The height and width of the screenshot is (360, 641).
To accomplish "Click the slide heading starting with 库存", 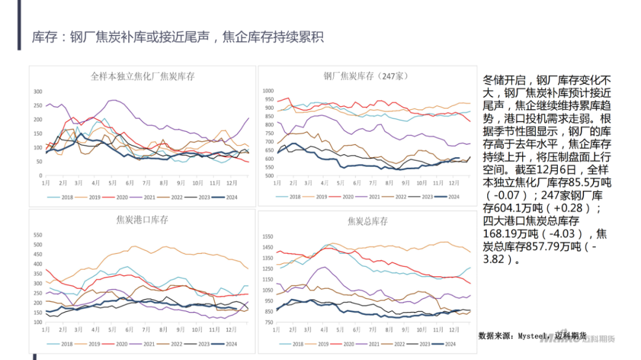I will click(177, 37).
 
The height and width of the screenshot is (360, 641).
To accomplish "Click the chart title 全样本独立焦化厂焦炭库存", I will click(142, 77).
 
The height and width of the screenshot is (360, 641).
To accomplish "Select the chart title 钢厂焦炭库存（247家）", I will click(366, 76).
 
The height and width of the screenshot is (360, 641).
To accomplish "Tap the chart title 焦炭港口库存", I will click(142, 219).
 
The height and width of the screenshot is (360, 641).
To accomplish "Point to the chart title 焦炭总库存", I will click(367, 221).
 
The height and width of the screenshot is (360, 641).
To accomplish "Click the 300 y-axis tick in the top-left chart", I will click(38, 91).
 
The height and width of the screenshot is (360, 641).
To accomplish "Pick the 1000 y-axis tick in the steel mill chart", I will click(266, 91).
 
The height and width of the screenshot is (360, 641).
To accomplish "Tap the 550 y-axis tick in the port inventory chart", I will click(38, 234).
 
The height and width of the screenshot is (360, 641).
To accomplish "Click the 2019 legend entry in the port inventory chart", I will click(94, 344).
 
